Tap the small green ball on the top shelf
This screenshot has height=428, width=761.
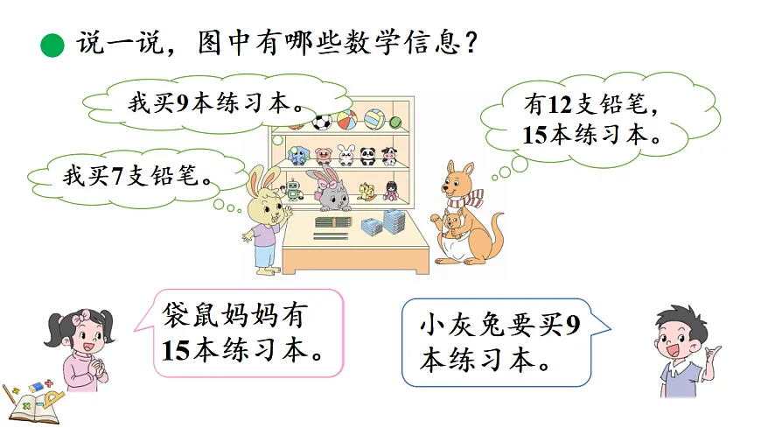pyautogui.click(x=394, y=122)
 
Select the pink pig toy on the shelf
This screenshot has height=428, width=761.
pyautogui.click(x=322, y=156)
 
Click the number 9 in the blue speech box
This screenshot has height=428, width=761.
pyautogui.click(x=572, y=326)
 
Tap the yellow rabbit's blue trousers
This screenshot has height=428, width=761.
pyautogui.click(x=264, y=255)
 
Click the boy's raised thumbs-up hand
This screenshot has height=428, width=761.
pyautogui.click(x=715, y=356)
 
